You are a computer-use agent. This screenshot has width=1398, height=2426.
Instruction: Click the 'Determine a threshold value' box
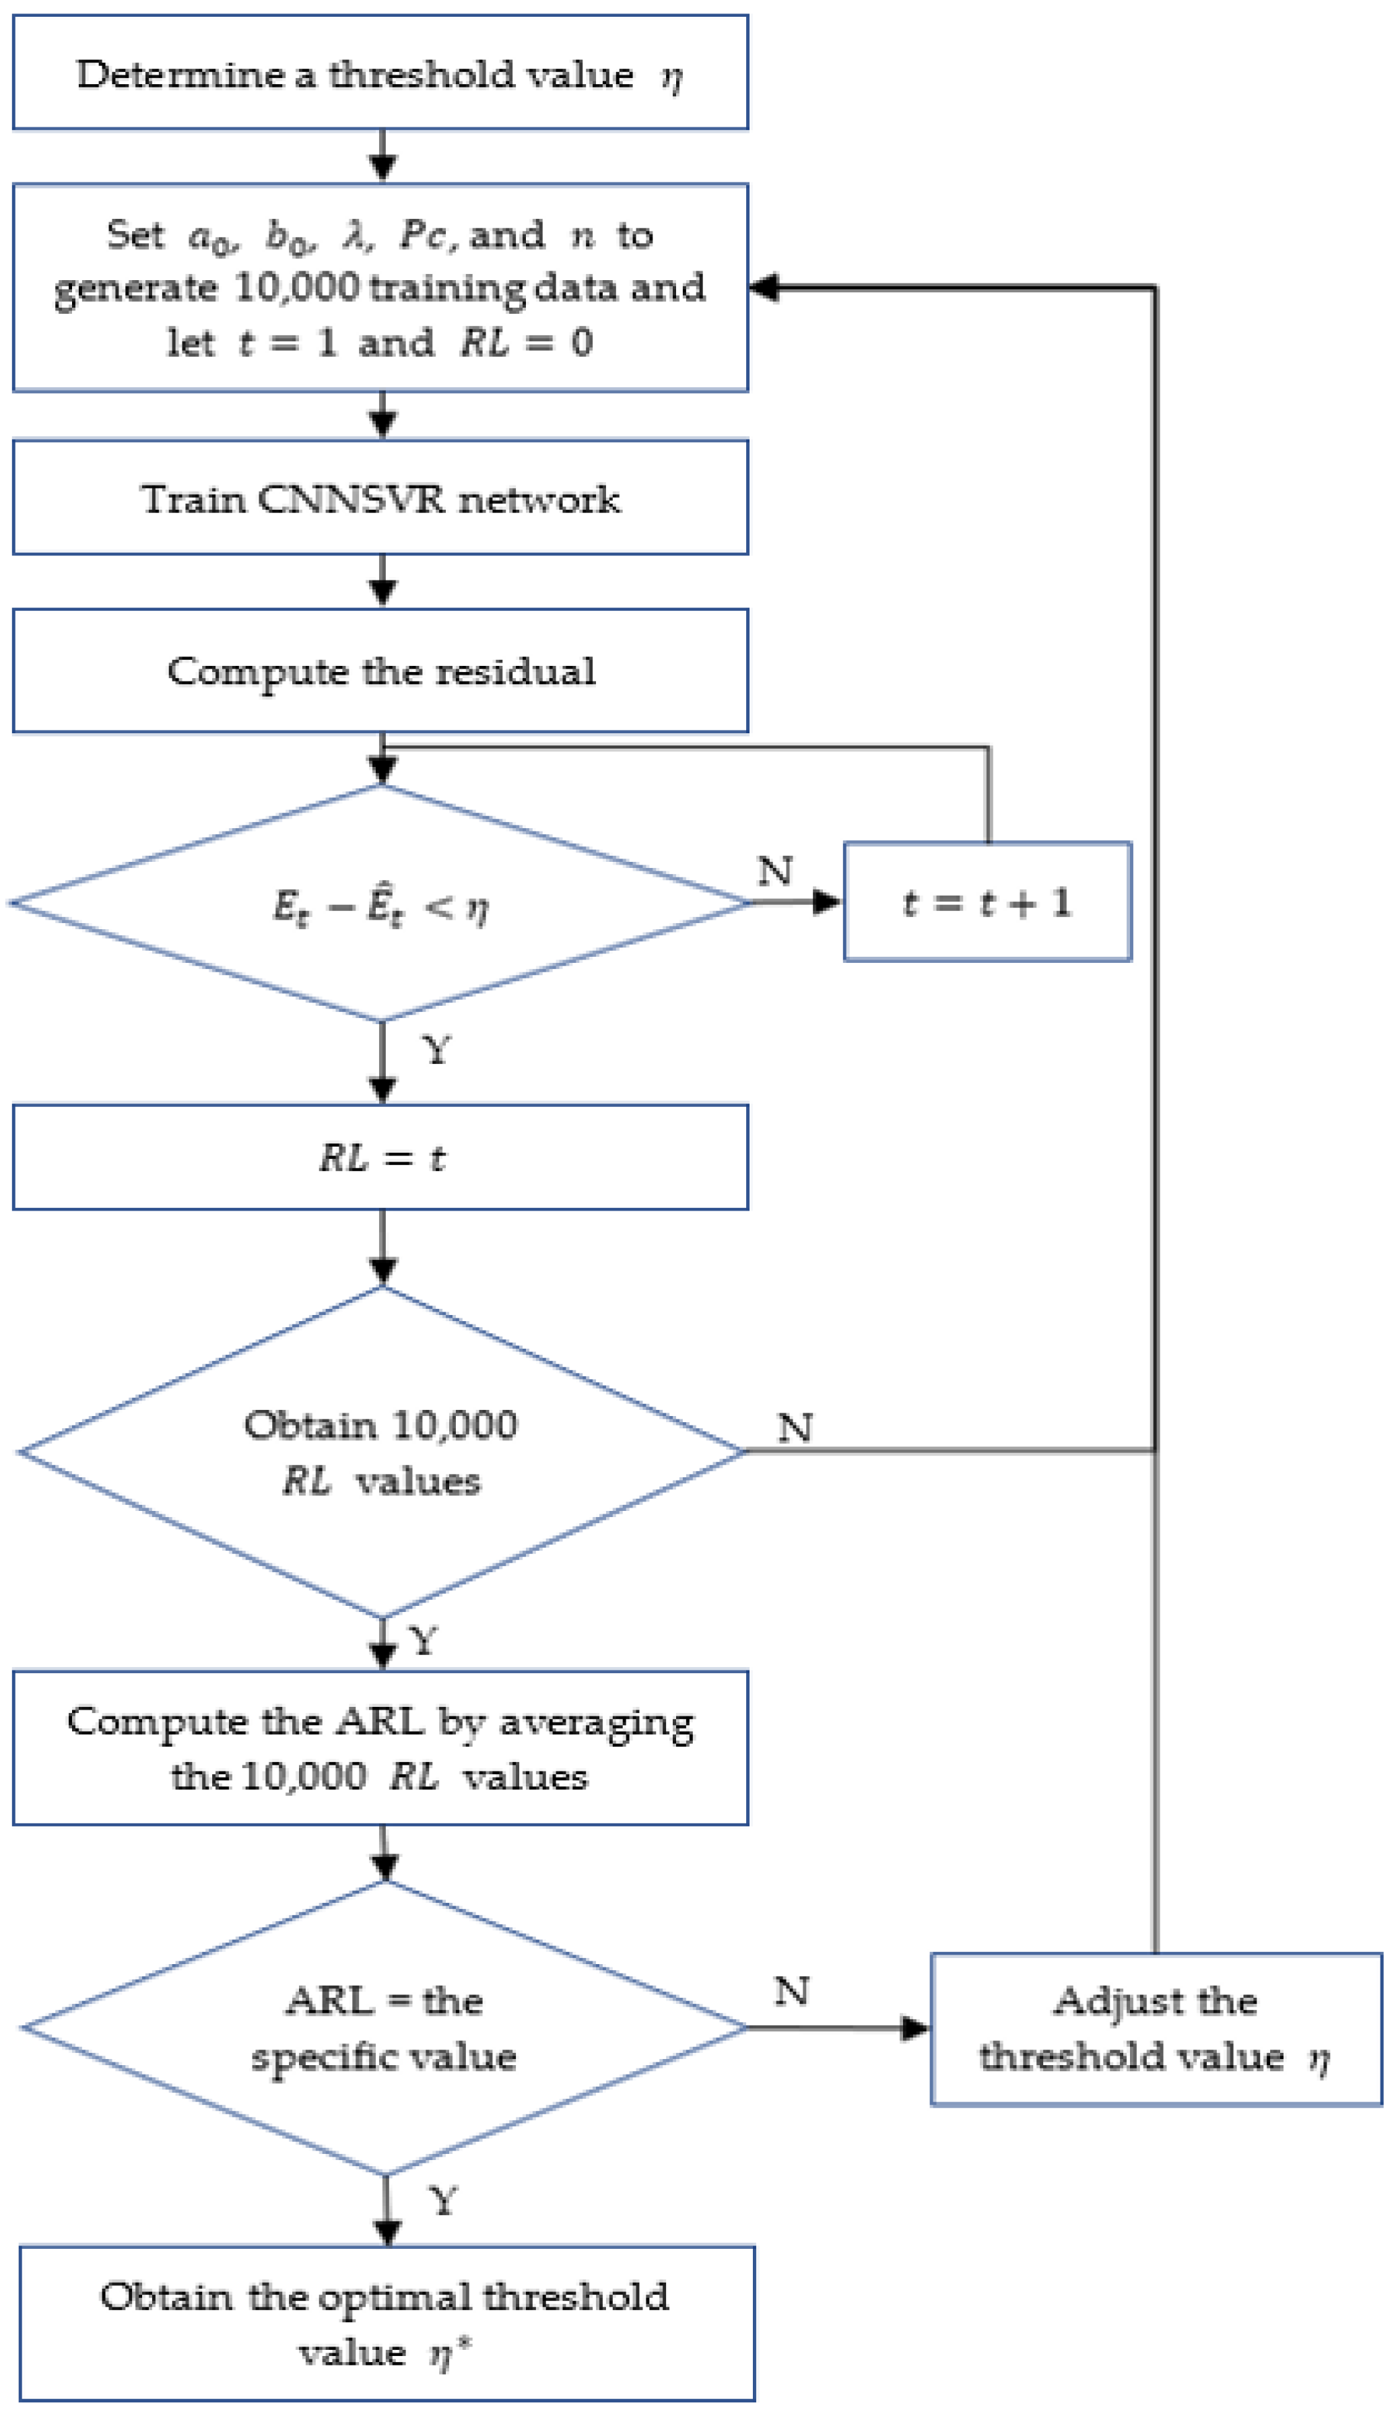pos(380,73)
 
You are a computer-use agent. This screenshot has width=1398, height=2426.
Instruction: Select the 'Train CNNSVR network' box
pos(380,498)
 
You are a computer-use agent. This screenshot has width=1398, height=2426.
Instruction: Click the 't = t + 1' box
pos(987,902)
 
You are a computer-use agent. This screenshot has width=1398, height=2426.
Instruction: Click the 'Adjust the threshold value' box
pos(1156,2029)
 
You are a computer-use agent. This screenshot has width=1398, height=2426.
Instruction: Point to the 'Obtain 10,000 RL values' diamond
pos(380,1452)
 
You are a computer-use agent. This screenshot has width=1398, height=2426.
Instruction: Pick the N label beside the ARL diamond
pos(792,1990)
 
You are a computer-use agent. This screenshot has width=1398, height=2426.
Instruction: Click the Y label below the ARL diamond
pos(442,2200)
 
